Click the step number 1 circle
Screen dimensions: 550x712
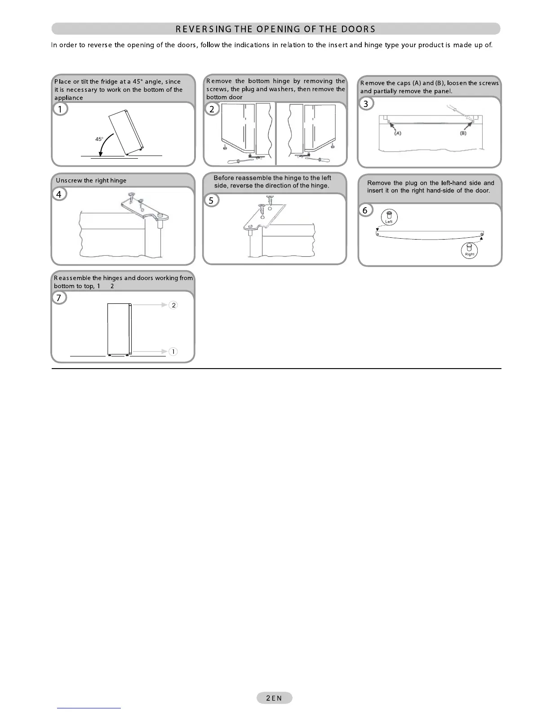(x=60, y=109)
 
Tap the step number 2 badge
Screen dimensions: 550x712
(x=212, y=109)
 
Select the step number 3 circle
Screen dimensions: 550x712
(x=366, y=104)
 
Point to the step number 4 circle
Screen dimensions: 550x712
(x=59, y=194)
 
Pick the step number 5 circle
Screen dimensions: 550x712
(x=211, y=200)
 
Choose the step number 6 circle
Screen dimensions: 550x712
(x=365, y=210)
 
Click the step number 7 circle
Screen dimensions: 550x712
(x=59, y=298)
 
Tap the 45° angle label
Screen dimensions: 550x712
(x=99, y=139)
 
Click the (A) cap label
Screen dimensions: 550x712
(x=398, y=133)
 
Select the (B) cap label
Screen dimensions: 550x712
(x=463, y=133)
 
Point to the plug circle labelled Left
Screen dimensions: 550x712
(x=389, y=217)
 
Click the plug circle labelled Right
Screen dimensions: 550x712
(x=470, y=250)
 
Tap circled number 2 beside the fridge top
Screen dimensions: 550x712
(x=173, y=305)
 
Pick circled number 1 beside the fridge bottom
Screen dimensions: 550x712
(x=173, y=352)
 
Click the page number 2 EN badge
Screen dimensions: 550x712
(x=274, y=698)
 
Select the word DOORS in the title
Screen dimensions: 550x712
(x=357, y=29)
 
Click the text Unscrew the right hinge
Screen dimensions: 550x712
(x=91, y=181)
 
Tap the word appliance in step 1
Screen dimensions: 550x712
(x=69, y=98)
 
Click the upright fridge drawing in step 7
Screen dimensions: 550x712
(x=119, y=329)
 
